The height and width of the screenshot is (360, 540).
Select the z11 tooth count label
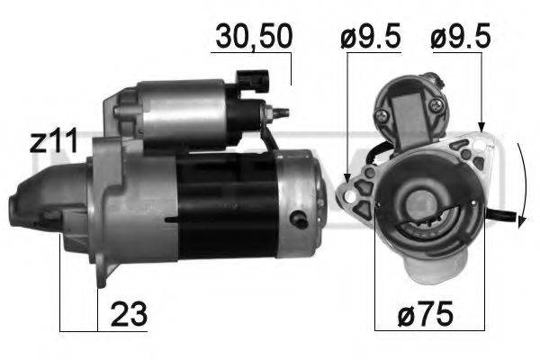[53, 141]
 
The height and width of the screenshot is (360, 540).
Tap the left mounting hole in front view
[349, 193]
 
